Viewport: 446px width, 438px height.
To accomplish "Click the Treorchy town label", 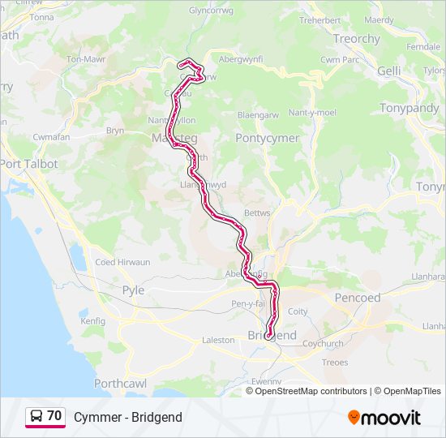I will pyautogui.click(x=356, y=39).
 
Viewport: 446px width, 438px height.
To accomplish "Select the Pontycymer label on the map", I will pyautogui.click(x=267, y=139).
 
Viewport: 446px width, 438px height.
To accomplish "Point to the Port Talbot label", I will pyautogui.click(x=29, y=164).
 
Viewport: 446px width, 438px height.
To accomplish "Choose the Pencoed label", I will pyautogui.click(x=358, y=298).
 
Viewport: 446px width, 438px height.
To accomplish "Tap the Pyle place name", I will pyautogui.click(x=132, y=290).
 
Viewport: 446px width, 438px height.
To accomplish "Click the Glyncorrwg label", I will pyautogui.click(x=211, y=11).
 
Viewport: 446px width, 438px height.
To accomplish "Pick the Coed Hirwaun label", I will pyautogui.click(x=118, y=262).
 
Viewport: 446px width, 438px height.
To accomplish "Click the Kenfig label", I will pyautogui.click(x=93, y=321).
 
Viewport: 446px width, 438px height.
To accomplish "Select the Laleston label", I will pyautogui.click(x=217, y=341).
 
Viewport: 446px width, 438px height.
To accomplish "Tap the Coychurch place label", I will pyautogui.click(x=323, y=343).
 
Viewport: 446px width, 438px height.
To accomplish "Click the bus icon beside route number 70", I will pyautogui.click(x=36, y=416).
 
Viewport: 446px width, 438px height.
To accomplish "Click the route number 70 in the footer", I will pyautogui.click(x=54, y=416).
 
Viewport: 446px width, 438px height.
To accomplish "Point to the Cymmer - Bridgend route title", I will pyautogui.click(x=127, y=417).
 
